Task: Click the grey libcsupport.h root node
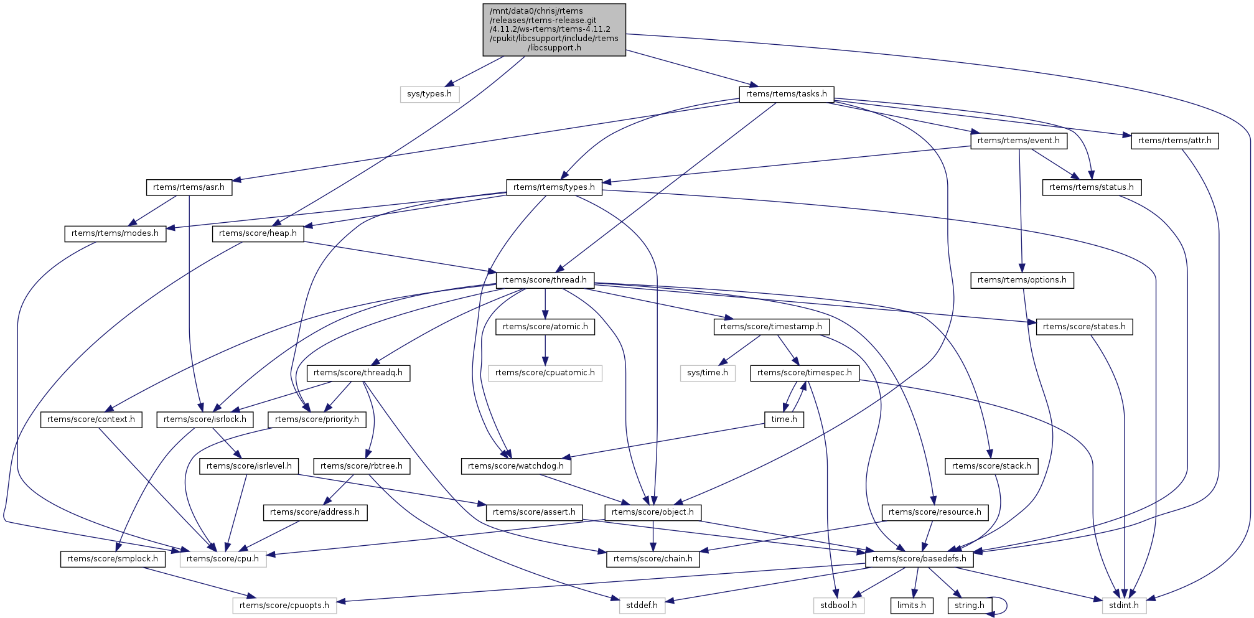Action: tap(554, 30)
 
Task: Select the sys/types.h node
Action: tap(429, 94)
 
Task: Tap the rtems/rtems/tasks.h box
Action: tap(786, 94)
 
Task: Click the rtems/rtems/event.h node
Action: tap(1018, 141)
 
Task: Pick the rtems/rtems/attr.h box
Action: tap(1174, 141)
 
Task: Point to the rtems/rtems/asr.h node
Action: tap(189, 187)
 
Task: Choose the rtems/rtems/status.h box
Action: tap(1091, 187)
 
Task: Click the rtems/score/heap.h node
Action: tap(258, 233)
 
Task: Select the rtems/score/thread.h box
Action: tap(545, 280)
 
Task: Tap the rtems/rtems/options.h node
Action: tap(1021, 280)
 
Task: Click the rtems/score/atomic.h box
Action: tap(545, 327)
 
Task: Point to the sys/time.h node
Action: tap(708, 373)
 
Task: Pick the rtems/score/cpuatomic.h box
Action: tap(545, 373)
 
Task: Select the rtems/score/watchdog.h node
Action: tap(516, 466)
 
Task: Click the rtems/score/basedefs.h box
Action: tap(919, 559)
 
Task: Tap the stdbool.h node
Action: tap(838, 606)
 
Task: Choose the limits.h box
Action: tap(912, 606)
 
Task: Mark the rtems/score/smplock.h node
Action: tap(113, 559)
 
